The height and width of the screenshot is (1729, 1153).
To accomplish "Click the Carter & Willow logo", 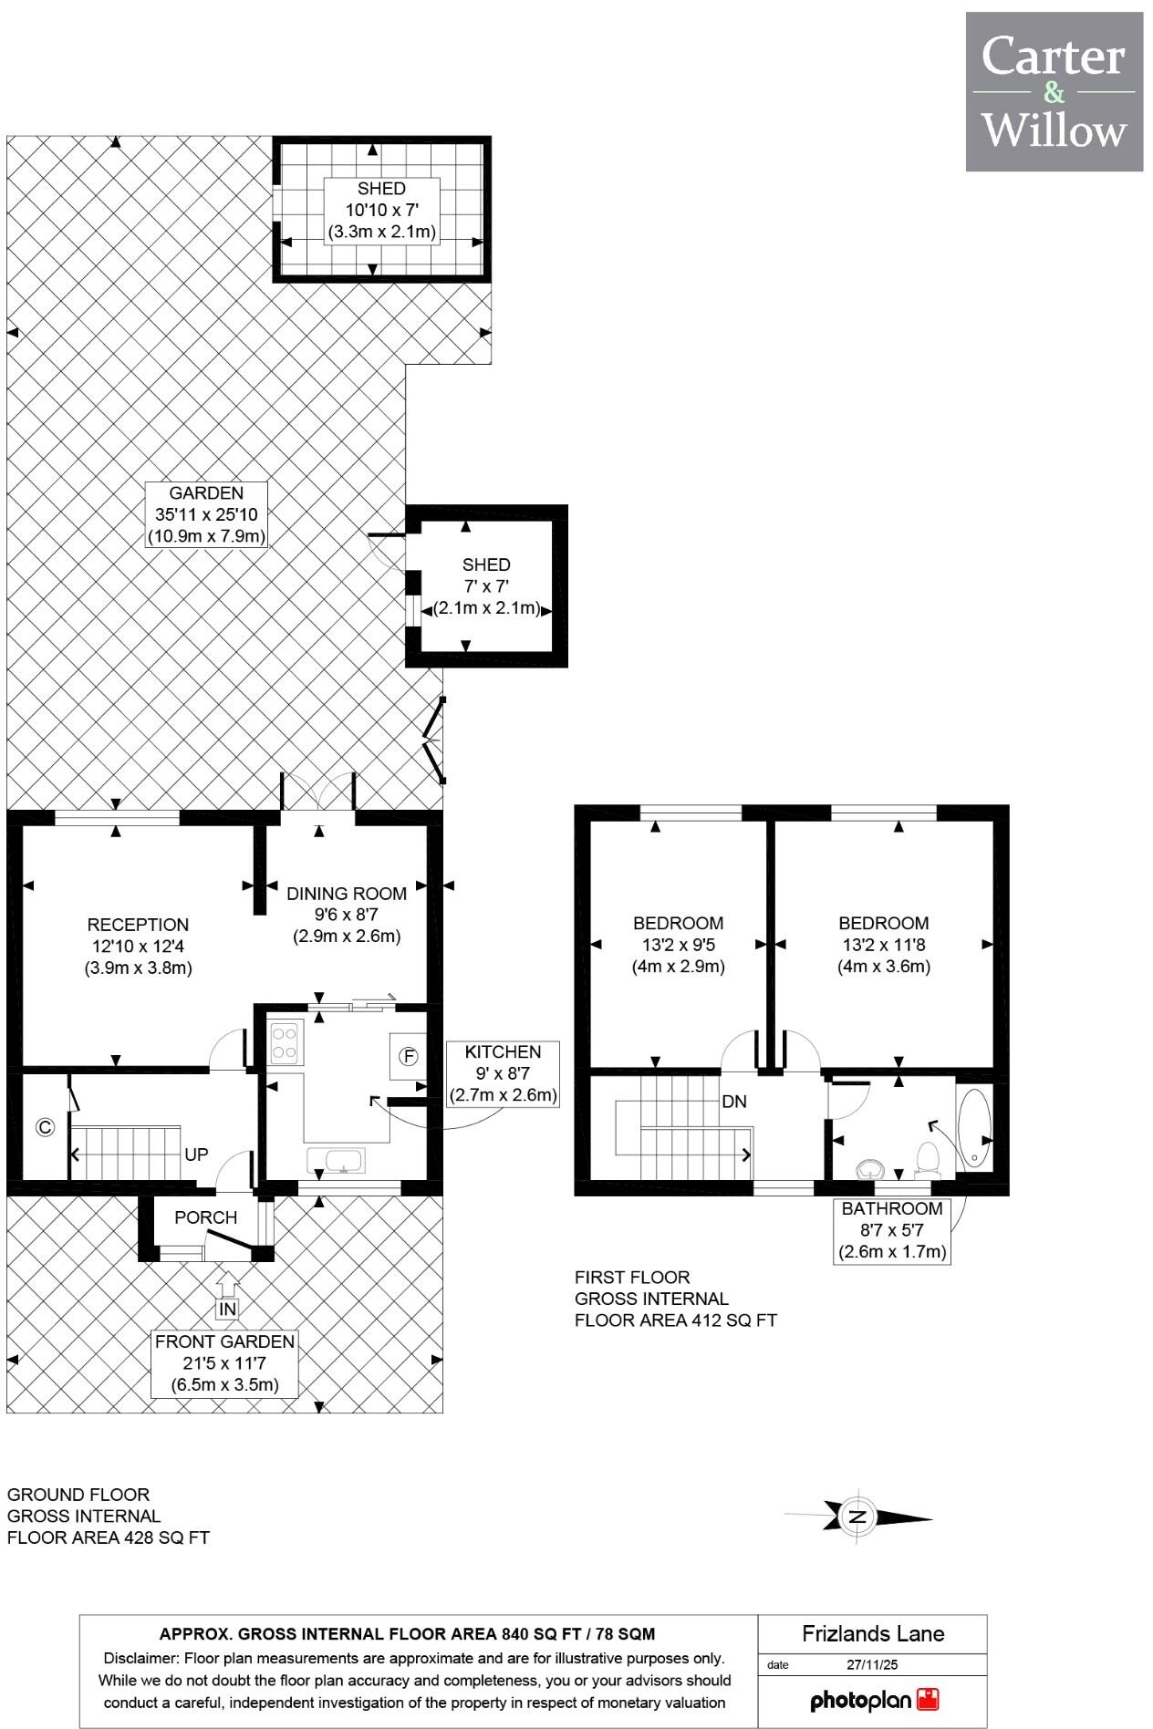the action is (x=1054, y=91).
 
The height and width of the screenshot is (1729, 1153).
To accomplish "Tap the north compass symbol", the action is (x=857, y=1517).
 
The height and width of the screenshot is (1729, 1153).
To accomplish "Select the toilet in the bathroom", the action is (x=928, y=1158).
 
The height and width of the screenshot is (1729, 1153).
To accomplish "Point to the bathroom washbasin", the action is (x=871, y=1168).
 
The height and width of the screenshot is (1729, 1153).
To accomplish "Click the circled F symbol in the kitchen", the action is (x=410, y=1057).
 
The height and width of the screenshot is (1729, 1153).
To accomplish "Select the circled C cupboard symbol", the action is (x=45, y=1128).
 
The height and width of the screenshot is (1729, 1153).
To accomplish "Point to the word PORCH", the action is (x=206, y=1217).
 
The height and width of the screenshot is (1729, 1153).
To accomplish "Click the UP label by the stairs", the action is (x=196, y=1154).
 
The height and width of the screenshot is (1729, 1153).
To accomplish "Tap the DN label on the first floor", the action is (x=734, y=1102).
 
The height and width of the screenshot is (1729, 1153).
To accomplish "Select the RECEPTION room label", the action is (x=138, y=925).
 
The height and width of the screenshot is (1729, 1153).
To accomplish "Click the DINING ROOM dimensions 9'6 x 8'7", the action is (x=347, y=915).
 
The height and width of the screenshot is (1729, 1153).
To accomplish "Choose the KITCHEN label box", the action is (x=503, y=1073).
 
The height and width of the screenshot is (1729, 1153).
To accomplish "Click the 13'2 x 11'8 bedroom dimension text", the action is (x=884, y=945).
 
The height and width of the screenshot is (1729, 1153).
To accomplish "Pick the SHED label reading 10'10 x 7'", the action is (x=381, y=211).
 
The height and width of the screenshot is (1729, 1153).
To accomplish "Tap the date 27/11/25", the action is (x=872, y=1664).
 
